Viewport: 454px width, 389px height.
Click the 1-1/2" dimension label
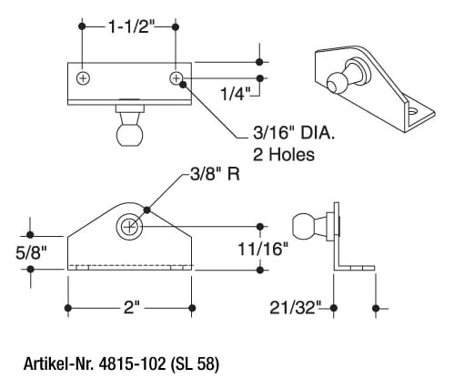pyautogui.click(x=131, y=27)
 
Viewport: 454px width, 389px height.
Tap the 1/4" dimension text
pyautogui.click(x=235, y=94)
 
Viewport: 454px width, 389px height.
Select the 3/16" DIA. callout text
pyautogui.click(x=294, y=133)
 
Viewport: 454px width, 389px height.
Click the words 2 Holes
pyautogui.click(x=284, y=154)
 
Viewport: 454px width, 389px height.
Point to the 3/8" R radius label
pyautogui.click(x=215, y=174)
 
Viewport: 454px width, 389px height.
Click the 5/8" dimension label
pyautogui.click(x=32, y=252)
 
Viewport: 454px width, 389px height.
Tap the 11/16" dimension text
pyautogui.click(x=263, y=250)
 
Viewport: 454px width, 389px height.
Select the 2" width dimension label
pyautogui.click(x=132, y=308)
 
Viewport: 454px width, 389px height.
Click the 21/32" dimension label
pyautogui.click(x=295, y=308)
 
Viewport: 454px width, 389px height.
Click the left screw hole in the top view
pyautogui.click(x=83, y=78)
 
